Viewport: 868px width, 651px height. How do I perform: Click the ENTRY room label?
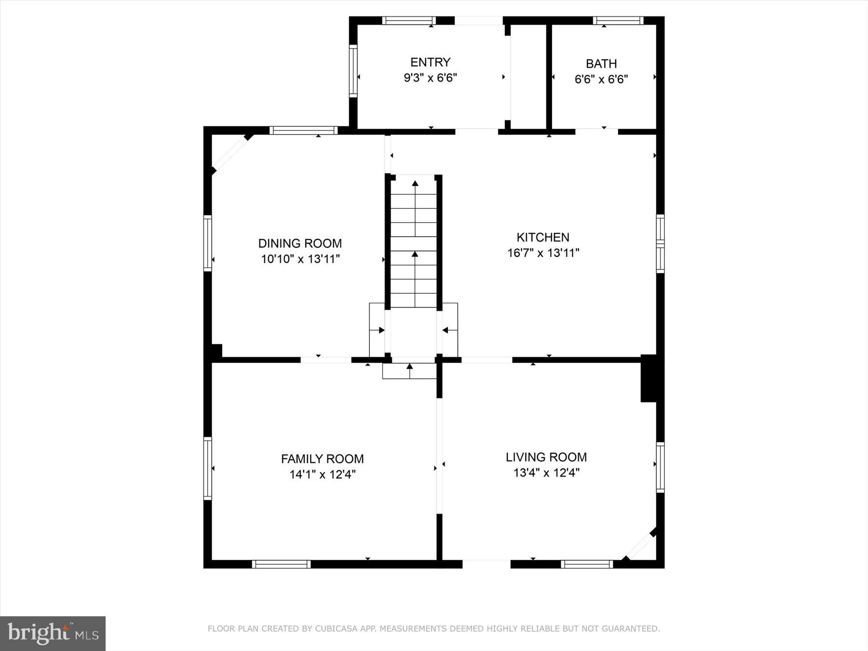[430, 62]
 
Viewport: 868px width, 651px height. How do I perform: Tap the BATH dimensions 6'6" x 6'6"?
[601, 79]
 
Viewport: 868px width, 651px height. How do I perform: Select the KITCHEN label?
[543, 237]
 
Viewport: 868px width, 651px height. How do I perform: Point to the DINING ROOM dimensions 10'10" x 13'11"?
[300, 259]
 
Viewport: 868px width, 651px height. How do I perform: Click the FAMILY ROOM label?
[322, 459]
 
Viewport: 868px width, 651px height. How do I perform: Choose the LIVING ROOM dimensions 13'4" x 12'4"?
[546, 473]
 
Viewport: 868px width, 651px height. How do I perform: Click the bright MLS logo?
[53, 633]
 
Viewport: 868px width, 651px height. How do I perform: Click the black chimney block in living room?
[648, 378]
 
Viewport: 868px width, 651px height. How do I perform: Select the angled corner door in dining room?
[231, 153]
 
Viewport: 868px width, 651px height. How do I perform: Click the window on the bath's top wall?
[618, 21]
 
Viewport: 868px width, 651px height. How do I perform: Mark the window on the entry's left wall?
[353, 71]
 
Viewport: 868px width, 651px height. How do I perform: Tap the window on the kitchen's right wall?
[660, 244]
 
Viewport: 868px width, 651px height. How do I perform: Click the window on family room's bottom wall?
[281, 564]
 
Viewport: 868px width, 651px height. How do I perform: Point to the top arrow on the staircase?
[415, 183]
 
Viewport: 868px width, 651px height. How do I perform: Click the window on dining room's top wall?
[303, 130]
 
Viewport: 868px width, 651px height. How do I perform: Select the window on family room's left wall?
[207, 468]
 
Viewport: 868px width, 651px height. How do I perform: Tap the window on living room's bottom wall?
[586, 564]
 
